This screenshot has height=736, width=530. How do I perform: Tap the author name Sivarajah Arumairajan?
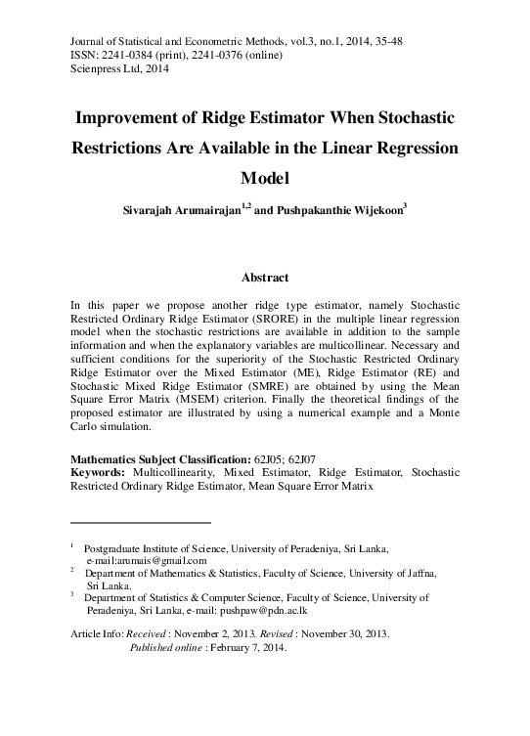click(x=181, y=209)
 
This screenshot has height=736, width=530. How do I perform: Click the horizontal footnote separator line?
click(x=141, y=522)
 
